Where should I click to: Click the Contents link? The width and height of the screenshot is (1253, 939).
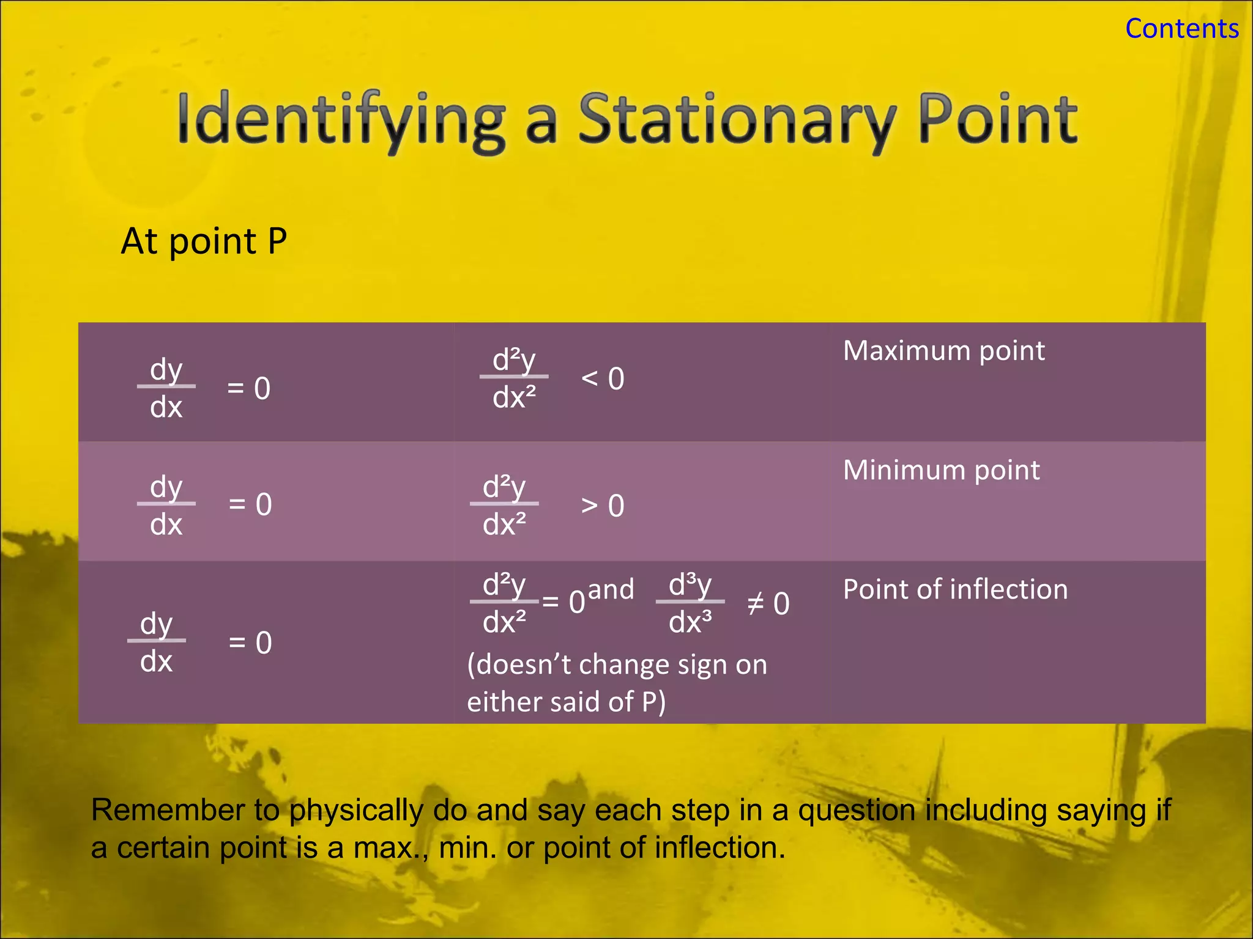pos(1181,29)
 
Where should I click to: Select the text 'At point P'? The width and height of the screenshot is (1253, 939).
pos(204,241)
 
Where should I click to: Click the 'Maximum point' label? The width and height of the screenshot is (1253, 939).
pos(943,351)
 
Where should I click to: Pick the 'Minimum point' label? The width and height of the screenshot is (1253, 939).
pos(941,470)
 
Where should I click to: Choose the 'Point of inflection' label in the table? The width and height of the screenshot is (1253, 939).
pos(955,589)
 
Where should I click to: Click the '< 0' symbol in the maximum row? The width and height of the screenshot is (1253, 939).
pos(603,379)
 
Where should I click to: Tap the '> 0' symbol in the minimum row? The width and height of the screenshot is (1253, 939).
pos(603,506)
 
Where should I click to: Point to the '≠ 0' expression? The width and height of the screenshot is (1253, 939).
pos(768,604)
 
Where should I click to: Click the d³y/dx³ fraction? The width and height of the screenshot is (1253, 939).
pos(690,603)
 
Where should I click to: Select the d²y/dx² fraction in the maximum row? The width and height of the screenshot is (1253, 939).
pos(514,378)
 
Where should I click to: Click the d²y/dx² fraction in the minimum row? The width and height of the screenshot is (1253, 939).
pos(504,505)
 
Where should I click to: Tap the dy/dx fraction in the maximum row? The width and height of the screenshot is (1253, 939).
pos(166,388)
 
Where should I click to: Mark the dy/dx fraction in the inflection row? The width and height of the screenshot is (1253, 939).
pos(156,642)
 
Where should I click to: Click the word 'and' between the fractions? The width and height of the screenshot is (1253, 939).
pos(611,589)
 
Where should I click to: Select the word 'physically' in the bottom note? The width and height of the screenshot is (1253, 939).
pos(356,810)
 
